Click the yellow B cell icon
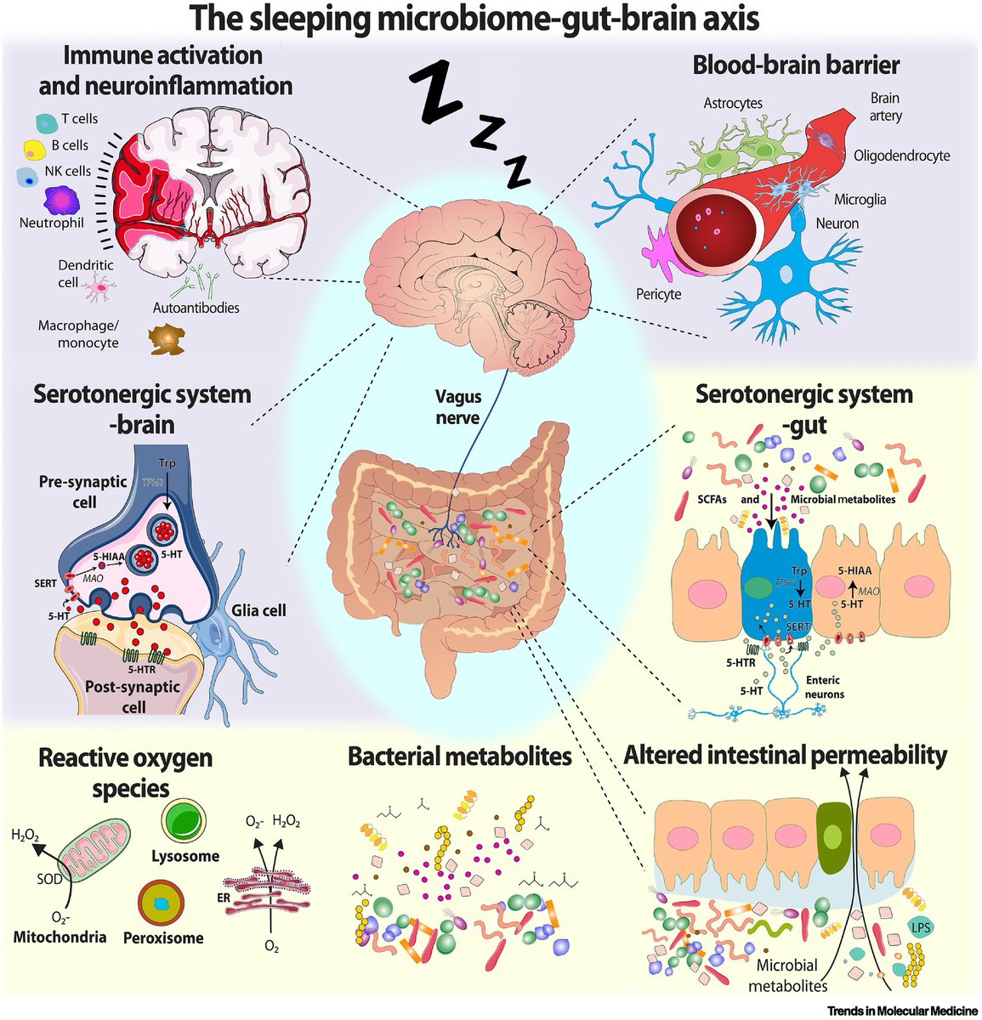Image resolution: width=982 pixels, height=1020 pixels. click(34, 150)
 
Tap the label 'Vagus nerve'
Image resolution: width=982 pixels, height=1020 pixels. click(458, 407)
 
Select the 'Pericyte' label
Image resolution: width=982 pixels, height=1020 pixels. click(659, 294)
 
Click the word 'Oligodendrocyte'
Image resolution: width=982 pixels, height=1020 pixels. click(902, 156)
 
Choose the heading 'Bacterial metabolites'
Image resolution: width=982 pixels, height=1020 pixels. click(459, 756)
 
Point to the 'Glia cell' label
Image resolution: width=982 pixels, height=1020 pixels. click(258, 610)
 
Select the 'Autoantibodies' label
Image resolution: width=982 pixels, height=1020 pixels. click(196, 308)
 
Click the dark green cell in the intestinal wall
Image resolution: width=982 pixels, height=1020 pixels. click(832, 838)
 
